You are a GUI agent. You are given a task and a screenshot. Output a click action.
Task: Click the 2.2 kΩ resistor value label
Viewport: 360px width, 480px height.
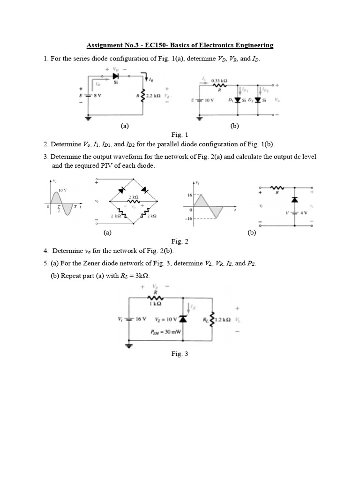tap(154, 95)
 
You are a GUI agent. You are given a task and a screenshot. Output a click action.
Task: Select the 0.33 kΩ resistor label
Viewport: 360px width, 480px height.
tap(219, 80)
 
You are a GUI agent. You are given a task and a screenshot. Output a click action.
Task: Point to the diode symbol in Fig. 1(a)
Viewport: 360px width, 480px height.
tap(115, 75)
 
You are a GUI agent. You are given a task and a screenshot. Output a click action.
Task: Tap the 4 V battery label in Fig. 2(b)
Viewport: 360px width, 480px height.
tap(303, 212)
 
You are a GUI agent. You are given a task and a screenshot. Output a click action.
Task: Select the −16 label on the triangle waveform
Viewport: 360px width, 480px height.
tap(190, 218)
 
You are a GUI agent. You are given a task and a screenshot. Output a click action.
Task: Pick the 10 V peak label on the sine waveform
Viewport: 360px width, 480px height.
tap(62, 190)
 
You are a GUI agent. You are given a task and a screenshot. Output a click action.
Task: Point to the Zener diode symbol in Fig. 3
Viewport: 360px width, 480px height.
tap(182, 319)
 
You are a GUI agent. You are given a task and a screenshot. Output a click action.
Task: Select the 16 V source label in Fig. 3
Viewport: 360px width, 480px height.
tap(141, 319)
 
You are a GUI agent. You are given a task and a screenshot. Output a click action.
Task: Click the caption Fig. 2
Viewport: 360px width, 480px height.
tap(180, 241)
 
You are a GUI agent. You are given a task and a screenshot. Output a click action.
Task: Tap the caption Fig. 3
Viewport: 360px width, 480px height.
tap(180, 354)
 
